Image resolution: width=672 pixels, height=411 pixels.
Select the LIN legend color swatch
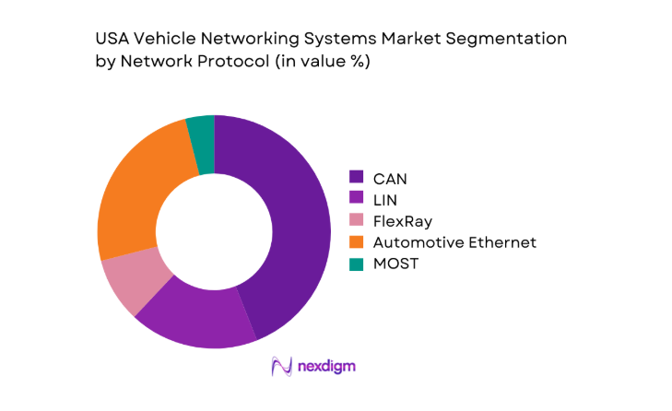coord(356,198)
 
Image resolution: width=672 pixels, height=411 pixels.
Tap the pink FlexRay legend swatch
coord(356,220)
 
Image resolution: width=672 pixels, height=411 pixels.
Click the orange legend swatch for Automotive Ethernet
coord(356,242)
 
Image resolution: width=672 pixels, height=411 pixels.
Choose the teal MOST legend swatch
coord(356,264)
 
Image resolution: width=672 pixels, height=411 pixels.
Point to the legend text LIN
coord(384,198)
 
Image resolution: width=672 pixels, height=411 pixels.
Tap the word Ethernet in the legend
coord(503,242)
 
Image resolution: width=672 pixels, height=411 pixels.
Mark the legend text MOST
coord(395,264)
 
